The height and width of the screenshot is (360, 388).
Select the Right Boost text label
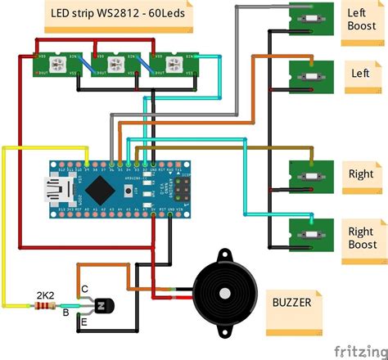[362, 238]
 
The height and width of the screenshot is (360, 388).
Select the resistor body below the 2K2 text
[44, 308]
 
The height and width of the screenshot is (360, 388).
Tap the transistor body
[102, 305]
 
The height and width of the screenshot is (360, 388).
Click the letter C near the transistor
[84, 287]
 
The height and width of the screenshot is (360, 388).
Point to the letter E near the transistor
[84, 323]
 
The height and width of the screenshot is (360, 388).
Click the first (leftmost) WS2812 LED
[61, 65]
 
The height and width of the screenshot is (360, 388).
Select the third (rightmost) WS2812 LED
[173, 65]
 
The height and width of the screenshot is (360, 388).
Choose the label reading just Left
[361, 73]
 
